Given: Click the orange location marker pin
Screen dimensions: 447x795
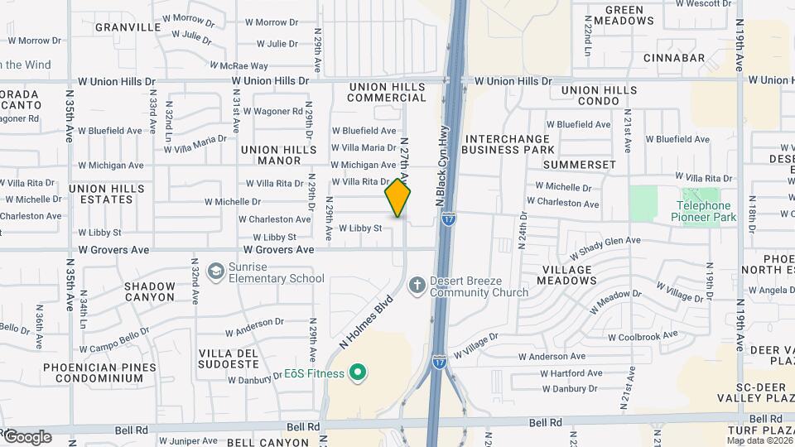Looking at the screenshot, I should pos(397,199).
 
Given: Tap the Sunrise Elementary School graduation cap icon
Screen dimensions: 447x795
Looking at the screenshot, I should pos(215,271).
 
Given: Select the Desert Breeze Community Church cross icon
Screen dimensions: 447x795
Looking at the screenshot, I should pos(417,285).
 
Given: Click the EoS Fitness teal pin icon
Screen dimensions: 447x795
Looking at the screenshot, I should pos(358,373).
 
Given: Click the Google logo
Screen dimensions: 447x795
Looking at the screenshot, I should pos(27,437).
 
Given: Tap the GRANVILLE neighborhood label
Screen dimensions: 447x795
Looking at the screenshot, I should pos(128,26).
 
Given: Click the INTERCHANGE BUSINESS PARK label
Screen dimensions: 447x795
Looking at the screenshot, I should pos(508,144).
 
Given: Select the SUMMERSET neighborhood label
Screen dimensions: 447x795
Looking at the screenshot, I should pos(580,165).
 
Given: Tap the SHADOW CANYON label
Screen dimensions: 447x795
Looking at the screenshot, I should pos(150,291).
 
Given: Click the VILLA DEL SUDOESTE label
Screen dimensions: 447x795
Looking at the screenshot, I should pos(229,358).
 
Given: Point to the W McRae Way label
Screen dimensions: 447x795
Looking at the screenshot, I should pos(238,65).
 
